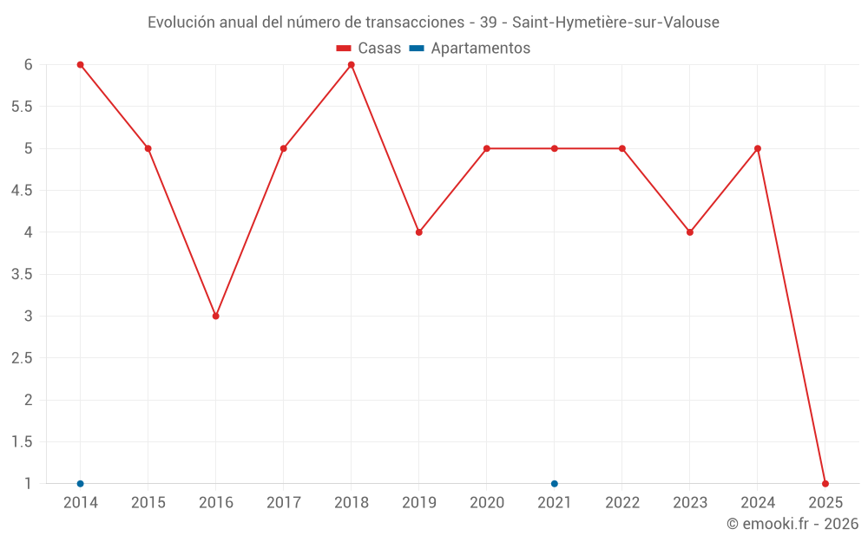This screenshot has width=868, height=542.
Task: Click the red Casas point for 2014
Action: (80, 65)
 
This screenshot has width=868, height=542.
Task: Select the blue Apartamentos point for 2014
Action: (80, 484)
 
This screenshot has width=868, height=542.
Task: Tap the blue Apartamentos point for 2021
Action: (555, 484)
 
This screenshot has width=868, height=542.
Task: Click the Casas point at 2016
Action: (215, 316)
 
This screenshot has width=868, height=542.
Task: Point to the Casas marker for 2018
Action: (352, 65)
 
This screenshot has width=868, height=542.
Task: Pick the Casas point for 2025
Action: (825, 484)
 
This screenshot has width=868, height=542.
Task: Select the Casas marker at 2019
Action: (419, 232)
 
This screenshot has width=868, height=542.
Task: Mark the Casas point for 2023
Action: (690, 232)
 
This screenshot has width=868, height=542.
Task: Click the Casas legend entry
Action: (369, 49)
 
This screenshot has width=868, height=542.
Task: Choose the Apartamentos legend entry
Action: (470, 49)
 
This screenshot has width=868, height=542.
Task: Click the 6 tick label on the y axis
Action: (29, 65)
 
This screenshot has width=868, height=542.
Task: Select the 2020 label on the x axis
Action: (487, 503)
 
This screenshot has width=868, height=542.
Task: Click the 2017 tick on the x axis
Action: (284, 503)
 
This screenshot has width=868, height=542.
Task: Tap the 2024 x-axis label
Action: (758, 503)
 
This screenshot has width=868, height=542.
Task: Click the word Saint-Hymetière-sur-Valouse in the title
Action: (615, 23)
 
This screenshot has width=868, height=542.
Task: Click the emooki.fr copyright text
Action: (792, 524)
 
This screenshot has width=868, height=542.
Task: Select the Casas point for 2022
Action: (622, 148)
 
